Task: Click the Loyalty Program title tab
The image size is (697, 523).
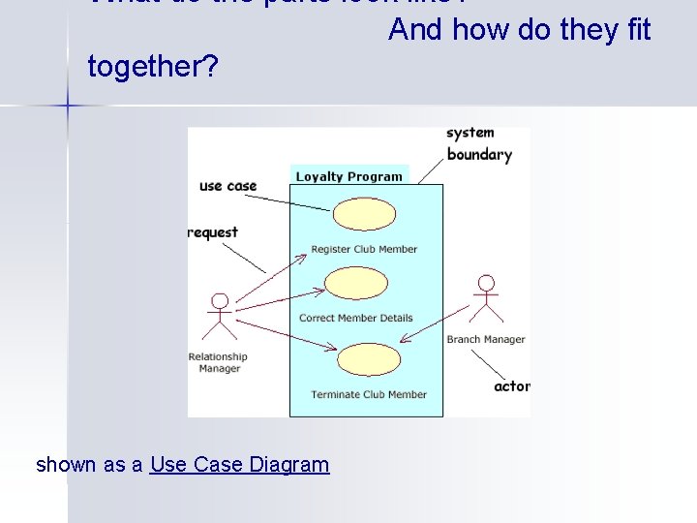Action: pos(348,176)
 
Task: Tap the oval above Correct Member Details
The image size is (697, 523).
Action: pos(355,283)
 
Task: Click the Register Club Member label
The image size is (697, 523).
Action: pos(364,249)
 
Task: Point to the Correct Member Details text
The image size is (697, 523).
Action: pos(355,318)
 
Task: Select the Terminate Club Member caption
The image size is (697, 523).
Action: pos(369,394)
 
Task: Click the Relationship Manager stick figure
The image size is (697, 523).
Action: pos(220,316)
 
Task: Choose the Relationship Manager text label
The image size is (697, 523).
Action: pos(218,362)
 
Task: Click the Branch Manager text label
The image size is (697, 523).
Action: pos(486,339)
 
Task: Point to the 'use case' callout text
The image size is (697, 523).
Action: pos(227,186)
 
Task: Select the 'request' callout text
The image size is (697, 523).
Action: pos(213,232)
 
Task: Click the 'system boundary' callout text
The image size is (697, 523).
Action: pos(478,144)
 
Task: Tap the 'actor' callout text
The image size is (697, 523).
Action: pos(511,386)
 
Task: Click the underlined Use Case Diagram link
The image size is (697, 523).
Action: pos(239,465)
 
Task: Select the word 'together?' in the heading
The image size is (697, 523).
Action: pos(152,67)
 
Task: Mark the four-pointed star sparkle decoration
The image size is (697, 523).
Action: pos(68,102)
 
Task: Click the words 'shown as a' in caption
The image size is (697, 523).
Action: pos(90,465)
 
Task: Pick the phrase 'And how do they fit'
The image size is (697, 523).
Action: pos(519,30)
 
